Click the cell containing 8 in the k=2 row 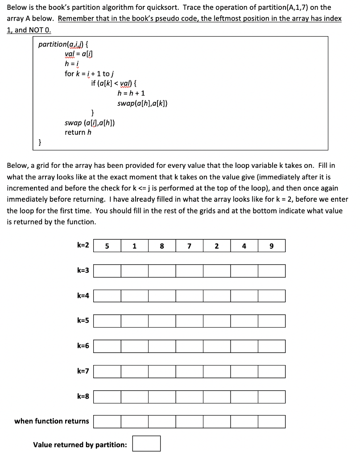click(161, 245)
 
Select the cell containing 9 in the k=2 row click(271, 245)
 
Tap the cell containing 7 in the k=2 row click(189, 245)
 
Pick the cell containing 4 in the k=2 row click(244, 245)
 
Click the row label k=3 click(83, 270)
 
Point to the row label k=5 click(83, 320)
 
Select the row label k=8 click(83, 396)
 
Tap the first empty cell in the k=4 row click(107, 295)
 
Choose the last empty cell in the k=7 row click(271, 371)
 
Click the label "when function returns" click(52, 421)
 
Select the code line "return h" click(78, 132)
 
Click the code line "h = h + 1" click(131, 93)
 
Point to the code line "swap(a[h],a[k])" click(142, 104)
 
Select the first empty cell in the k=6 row click(107, 346)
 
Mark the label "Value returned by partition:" click(80, 445)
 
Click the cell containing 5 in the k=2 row click(107, 245)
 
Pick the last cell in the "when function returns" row click(271, 421)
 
